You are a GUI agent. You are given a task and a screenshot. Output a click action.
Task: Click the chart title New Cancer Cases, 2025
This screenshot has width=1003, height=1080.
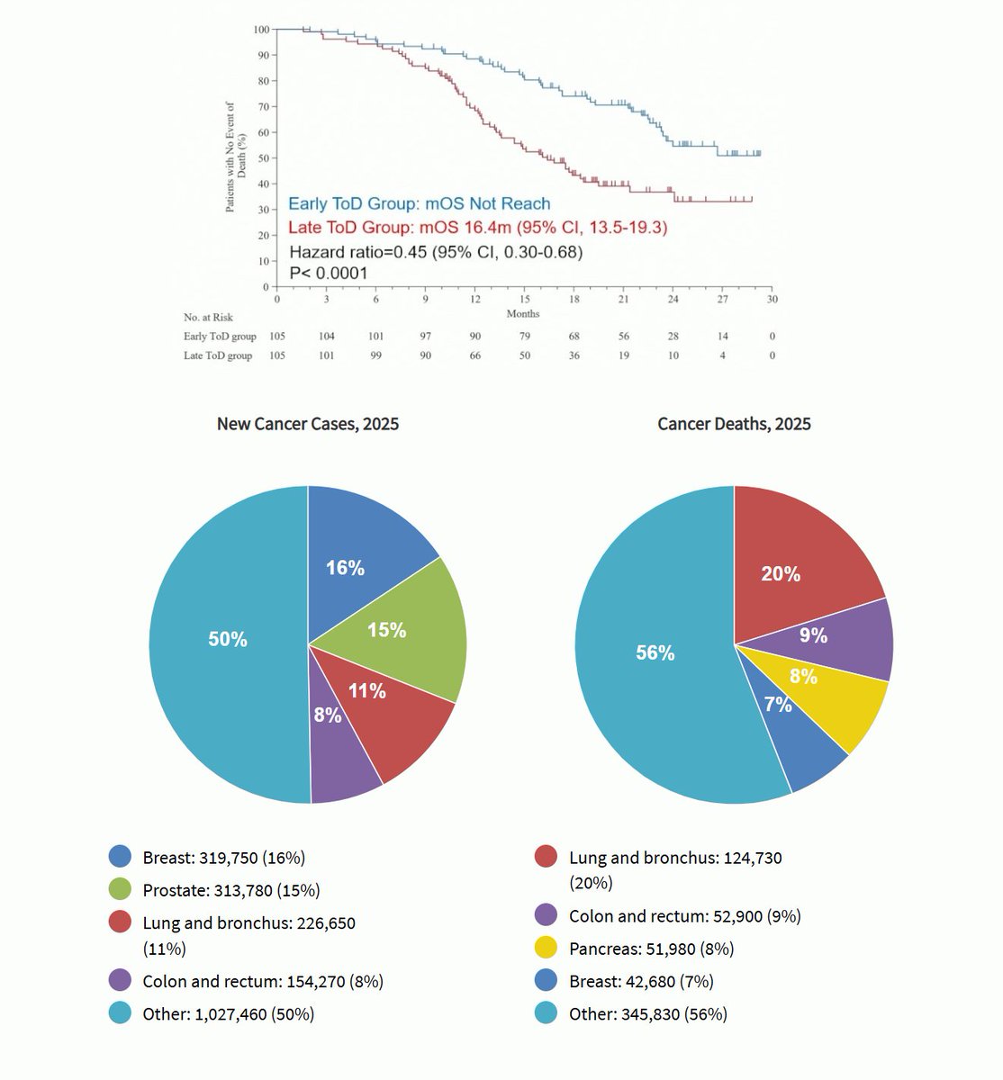point(308,424)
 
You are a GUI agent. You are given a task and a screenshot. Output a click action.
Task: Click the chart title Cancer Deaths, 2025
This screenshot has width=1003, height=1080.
point(734,424)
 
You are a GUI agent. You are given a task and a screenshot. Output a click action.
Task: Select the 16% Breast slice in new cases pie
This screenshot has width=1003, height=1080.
point(360,558)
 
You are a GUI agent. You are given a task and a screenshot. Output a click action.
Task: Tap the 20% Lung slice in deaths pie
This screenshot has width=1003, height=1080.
point(792,567)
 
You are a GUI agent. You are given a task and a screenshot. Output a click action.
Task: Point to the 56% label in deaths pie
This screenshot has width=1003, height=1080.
point(655,652)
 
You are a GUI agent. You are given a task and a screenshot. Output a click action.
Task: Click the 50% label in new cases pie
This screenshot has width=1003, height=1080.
point(228,639)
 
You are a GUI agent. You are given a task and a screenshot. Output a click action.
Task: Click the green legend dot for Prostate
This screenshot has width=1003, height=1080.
point(121,890)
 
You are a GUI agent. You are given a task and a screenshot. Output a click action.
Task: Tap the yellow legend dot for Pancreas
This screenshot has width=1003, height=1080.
point(547,949)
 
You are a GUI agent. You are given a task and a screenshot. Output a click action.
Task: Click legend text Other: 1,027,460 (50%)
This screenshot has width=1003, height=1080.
point(228,1014)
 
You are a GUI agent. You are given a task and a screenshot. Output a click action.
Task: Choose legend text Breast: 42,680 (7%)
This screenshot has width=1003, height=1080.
point(641,981)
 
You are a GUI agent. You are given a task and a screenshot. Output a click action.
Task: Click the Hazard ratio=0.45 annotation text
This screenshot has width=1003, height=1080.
point(436,252)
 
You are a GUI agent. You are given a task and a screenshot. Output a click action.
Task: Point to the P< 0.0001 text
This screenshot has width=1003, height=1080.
point(328,273)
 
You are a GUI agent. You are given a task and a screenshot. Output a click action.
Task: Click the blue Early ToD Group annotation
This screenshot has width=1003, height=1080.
point(419,204)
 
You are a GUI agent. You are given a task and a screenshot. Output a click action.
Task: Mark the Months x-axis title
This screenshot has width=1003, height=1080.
point(523,313)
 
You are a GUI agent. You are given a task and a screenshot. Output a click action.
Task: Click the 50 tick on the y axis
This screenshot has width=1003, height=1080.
point(263,158)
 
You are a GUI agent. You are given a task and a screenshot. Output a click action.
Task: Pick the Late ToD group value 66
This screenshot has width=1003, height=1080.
point(474,355)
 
